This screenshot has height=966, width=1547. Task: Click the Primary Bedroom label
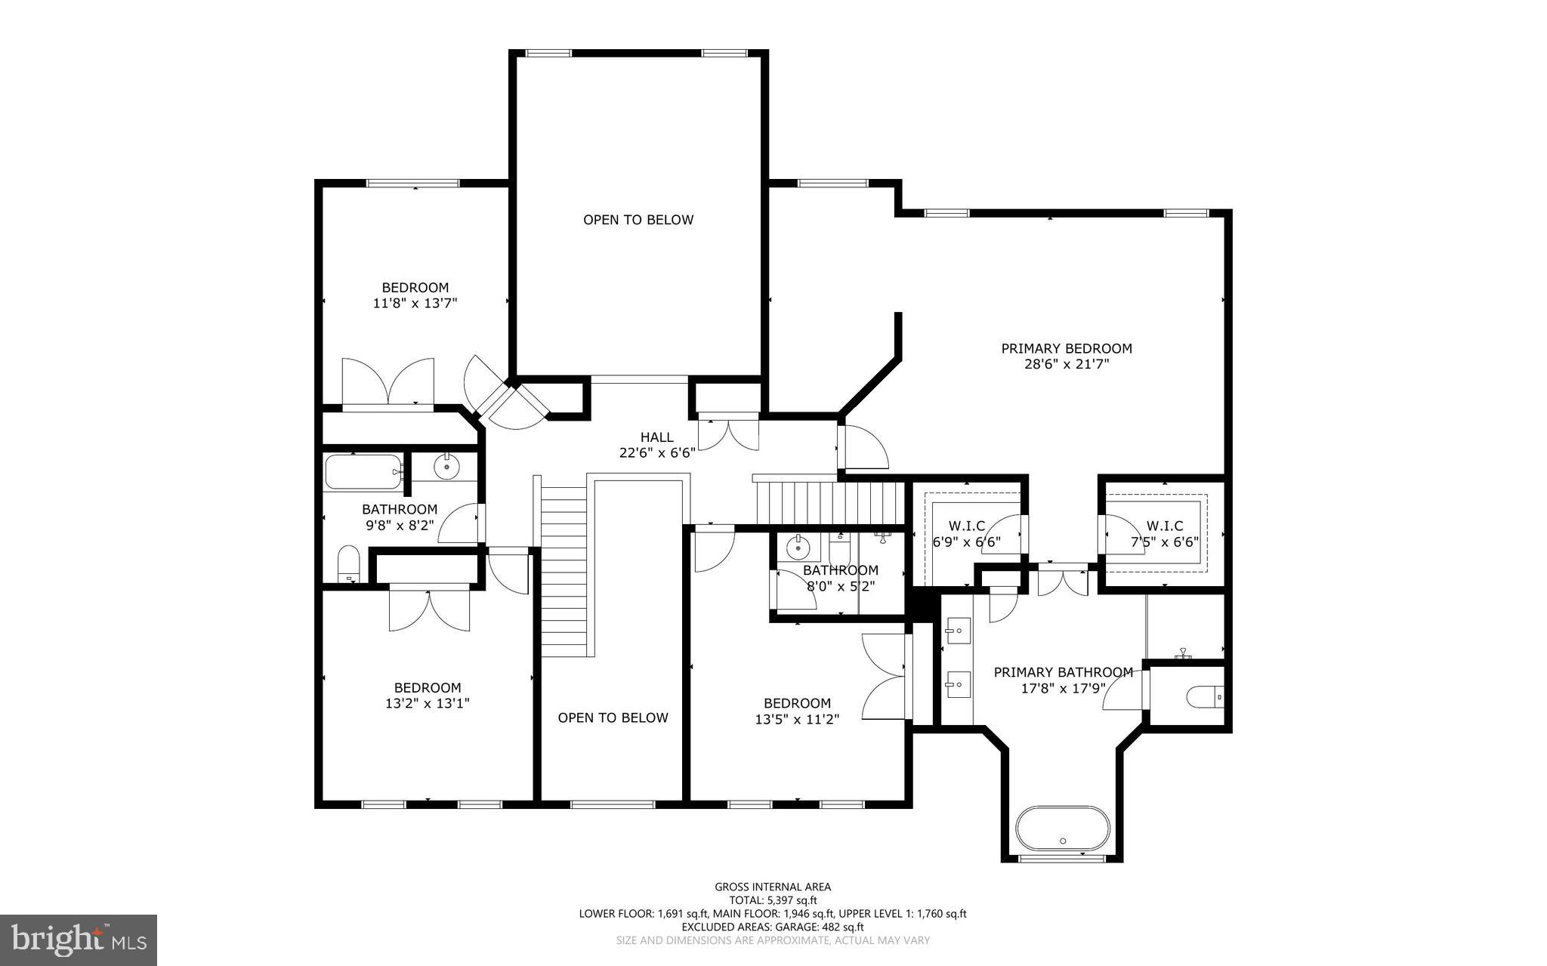tap(1066, 348)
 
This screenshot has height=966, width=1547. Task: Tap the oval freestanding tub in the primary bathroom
tap(1062, 829)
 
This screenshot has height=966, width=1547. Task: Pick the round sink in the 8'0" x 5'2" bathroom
tap(797, 546)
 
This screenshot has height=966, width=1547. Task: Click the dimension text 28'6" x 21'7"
tap(1066, 364)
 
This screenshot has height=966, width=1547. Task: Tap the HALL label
tap(656, 437)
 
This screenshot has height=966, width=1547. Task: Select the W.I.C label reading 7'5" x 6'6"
tap(1164, 526)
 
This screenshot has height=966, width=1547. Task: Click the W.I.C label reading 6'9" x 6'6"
tap(967, 526)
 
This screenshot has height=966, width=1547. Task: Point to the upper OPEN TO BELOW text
tap(638, 220)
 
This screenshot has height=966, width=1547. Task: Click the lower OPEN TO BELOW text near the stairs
tap(613, 718)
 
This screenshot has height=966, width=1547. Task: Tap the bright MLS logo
tap(79, 940)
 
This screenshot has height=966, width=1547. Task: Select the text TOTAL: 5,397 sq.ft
tap(773, 900)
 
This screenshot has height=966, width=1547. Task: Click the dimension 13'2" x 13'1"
tap(427, 703)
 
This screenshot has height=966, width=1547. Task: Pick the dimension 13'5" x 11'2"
tap(797, 719)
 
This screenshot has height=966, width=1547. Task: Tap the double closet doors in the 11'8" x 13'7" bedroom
tap(388, 382)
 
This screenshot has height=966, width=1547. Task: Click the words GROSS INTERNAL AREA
tap(773, 887)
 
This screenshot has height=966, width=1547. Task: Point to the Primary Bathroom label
tap(1062, 672)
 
